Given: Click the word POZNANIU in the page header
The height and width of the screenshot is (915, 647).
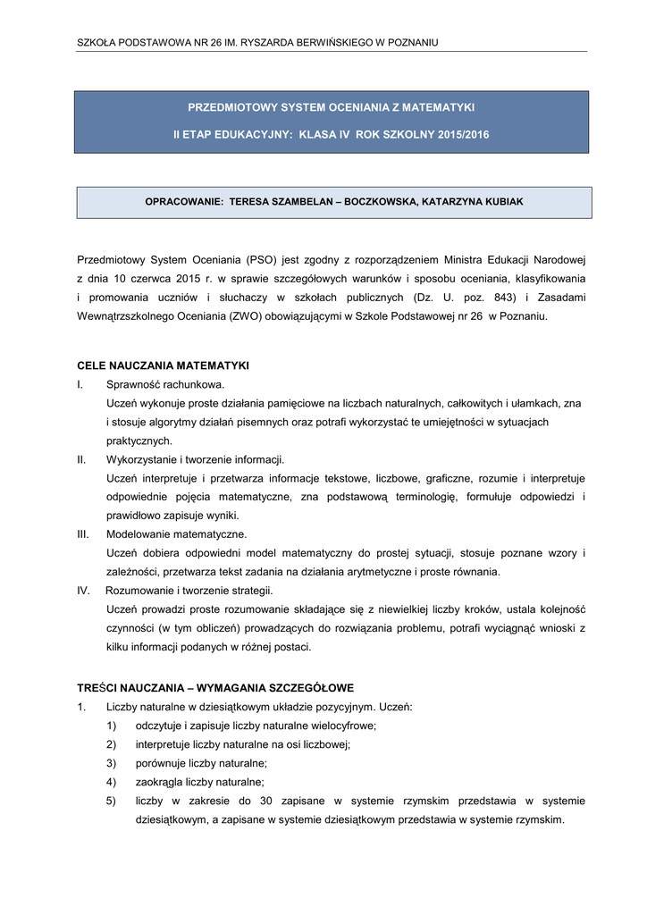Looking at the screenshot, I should click(412, 42).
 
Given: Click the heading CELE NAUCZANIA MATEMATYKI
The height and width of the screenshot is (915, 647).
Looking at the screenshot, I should click(163, 365).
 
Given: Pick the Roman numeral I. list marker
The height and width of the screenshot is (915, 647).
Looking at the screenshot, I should click(80, 384).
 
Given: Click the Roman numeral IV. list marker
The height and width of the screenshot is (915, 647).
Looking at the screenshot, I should click(83, 591).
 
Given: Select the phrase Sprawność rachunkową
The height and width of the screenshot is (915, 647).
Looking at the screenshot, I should click(158, 384).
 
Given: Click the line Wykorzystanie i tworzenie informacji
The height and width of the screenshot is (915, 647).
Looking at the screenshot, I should click(195, 459).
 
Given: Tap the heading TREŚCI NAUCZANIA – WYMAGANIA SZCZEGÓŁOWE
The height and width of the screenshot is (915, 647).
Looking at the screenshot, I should click(215, 688).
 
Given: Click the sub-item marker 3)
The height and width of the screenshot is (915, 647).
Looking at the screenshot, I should click(112, 763).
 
